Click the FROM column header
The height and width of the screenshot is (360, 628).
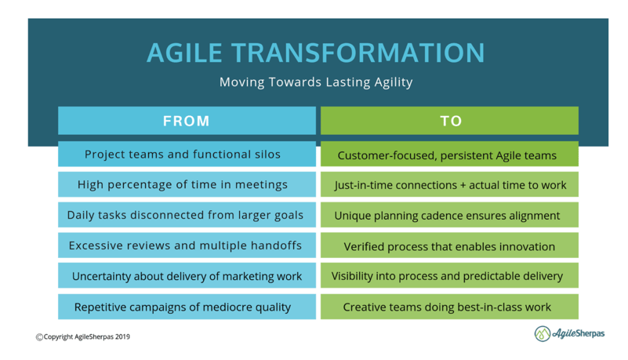[187, 121]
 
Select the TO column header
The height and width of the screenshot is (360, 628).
[449, 121]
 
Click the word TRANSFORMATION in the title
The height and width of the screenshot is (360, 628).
[358, 53]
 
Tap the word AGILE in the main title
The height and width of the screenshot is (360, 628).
[184, 53]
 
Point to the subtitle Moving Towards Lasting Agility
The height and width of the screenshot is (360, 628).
[316, 82]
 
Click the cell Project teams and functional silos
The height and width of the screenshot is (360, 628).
[187, 154]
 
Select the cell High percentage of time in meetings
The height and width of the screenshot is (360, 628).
[187, 184]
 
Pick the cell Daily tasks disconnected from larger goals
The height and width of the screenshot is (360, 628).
[187, 215]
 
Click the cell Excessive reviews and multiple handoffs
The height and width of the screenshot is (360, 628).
[187, 245]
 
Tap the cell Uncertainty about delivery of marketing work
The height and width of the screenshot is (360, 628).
[187, 275]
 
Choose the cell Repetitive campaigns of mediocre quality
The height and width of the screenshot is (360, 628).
[187, 307]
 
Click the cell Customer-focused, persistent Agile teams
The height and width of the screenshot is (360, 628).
[449, 154]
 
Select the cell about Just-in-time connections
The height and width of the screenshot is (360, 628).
[449, 184]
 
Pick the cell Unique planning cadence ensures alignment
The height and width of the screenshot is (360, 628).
[449, 215]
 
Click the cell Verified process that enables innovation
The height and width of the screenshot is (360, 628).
[449, 245]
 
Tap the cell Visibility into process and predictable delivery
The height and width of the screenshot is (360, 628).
[449, 275]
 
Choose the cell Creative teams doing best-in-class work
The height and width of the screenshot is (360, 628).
[449, 307]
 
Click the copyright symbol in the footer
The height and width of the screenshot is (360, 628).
[39, 337]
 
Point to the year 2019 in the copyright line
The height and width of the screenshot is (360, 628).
[122, 336]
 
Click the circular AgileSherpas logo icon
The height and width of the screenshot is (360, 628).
[543, 333]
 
